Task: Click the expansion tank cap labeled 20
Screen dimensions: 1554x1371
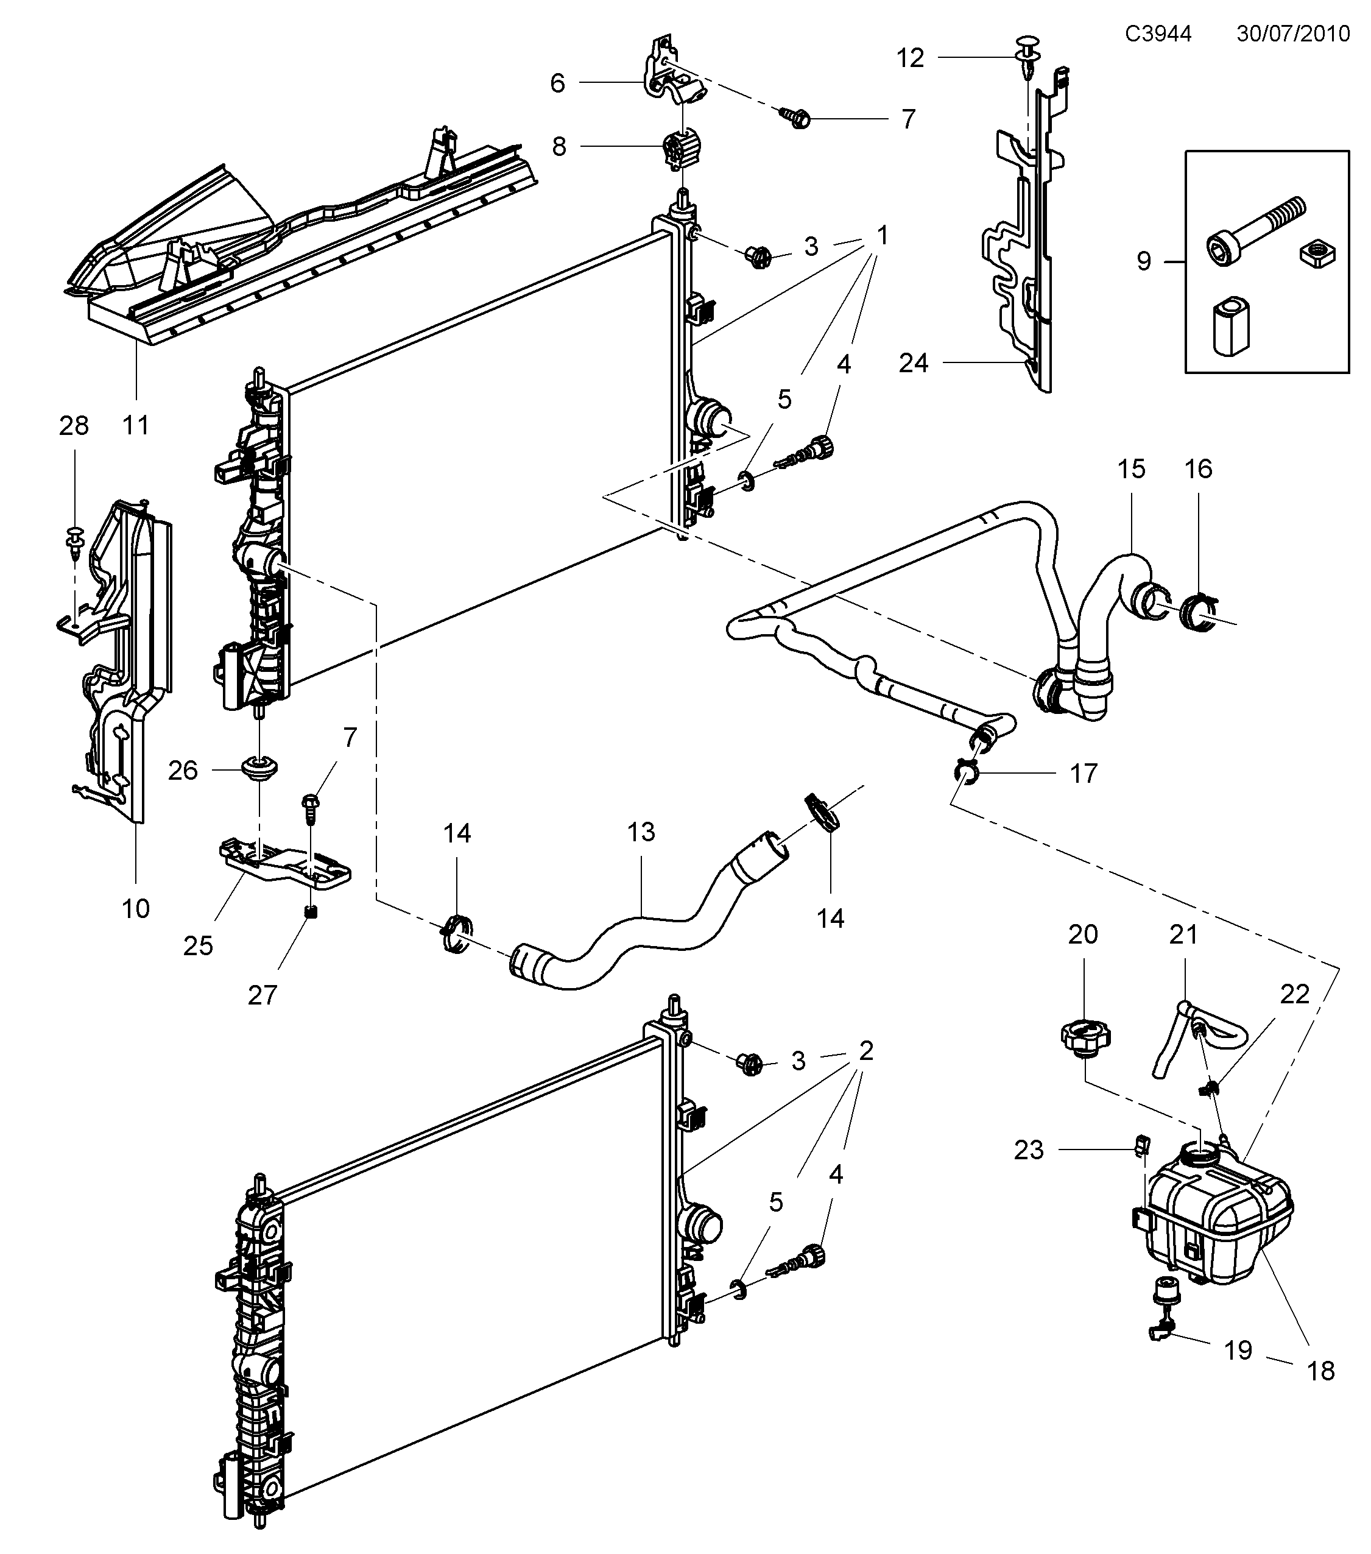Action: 1085,1038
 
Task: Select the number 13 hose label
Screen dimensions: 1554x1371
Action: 641,832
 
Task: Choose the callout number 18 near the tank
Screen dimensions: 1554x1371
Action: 1321,1371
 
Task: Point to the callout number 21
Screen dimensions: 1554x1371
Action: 1183,934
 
